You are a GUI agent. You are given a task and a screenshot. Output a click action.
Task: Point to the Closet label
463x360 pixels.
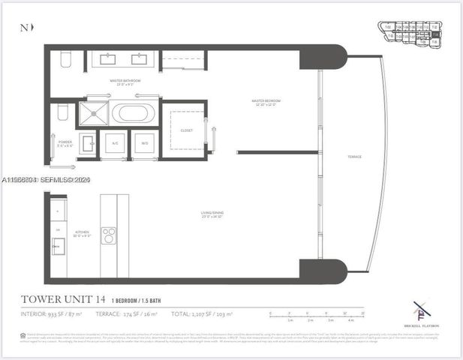pos(187,130)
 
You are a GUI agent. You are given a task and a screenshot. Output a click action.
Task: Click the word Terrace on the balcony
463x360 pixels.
pos(354,157)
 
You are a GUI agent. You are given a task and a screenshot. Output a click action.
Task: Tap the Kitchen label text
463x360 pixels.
pos(83,234)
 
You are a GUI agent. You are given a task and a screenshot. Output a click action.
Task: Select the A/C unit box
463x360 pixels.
pos(115,142)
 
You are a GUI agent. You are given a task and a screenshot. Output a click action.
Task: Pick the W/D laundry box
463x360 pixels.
pos(144,142)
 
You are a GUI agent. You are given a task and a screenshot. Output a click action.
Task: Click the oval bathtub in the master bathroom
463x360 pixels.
pos(134,114)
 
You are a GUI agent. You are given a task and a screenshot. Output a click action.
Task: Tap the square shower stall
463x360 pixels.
pos(95,114)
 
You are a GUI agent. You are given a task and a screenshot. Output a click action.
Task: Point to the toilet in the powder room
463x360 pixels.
pos(63,112)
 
